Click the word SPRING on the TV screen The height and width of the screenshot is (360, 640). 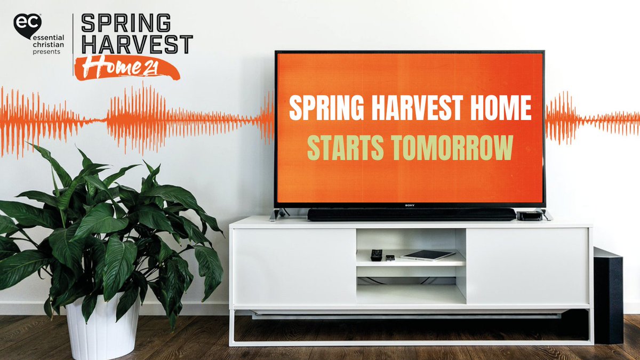click(319, 109)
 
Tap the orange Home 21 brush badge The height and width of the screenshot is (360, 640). click(126, 68)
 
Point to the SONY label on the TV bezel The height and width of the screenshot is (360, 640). click(410, 203)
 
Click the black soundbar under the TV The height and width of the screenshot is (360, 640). click(411, 214)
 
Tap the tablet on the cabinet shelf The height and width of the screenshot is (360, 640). click(428, 255)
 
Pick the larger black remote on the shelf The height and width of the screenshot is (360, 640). click(377, 255)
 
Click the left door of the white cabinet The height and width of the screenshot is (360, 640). click(294, 267)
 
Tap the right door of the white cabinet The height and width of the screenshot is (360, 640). click(527, 267)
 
